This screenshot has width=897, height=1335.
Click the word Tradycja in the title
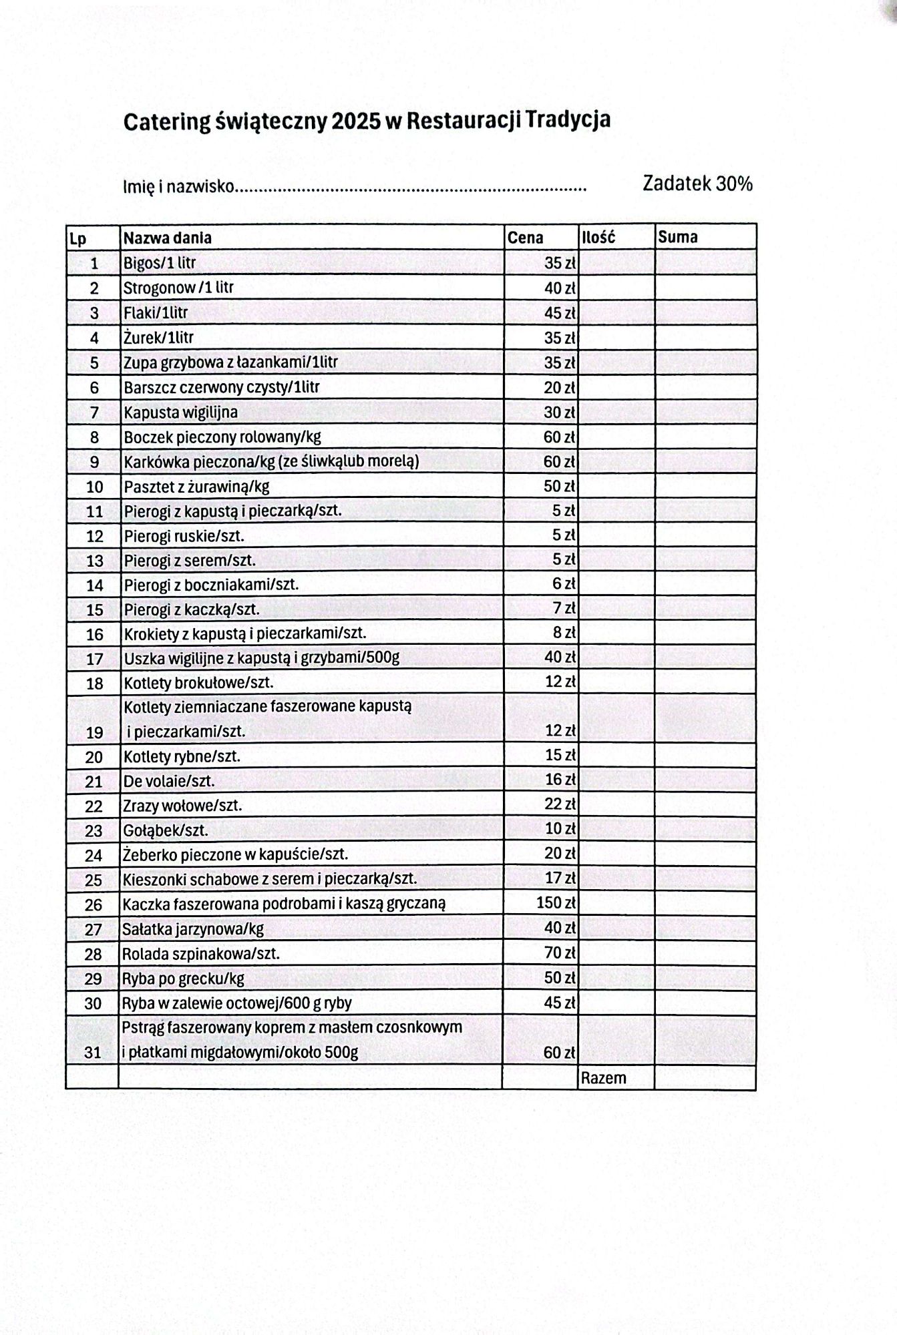coord(568,120)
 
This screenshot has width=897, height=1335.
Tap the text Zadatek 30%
coord(697,184)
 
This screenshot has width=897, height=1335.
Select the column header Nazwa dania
coord(168,238)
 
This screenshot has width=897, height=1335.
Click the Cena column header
coord(525,238)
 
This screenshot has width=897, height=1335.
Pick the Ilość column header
coord(598,238)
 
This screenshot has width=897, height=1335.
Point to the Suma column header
coord(677,237)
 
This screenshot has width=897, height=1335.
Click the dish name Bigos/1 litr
coord(160,263)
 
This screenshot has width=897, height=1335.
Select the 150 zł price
coord(556,903)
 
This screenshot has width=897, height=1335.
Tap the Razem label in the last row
coord(603,1078)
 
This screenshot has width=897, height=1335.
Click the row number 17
coord(94,659)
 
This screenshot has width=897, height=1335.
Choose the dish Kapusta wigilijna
coord(180,413)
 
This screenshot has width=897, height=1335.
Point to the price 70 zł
coord(560,953)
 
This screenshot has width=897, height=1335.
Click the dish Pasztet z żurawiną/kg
coord(196,487)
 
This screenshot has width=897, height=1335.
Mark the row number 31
coord(93,1053)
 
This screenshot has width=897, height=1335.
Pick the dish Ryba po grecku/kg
coord(182,979)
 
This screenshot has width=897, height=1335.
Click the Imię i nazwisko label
coord(178,187)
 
